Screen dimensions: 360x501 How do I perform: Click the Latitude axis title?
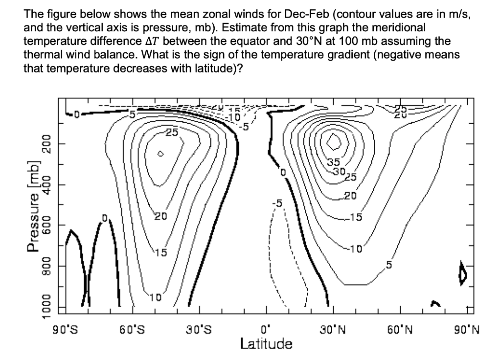tap(266, 343)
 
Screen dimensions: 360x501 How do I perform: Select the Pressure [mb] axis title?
tap(34, 205)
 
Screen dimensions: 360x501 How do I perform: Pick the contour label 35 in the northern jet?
tap(333, 161)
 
